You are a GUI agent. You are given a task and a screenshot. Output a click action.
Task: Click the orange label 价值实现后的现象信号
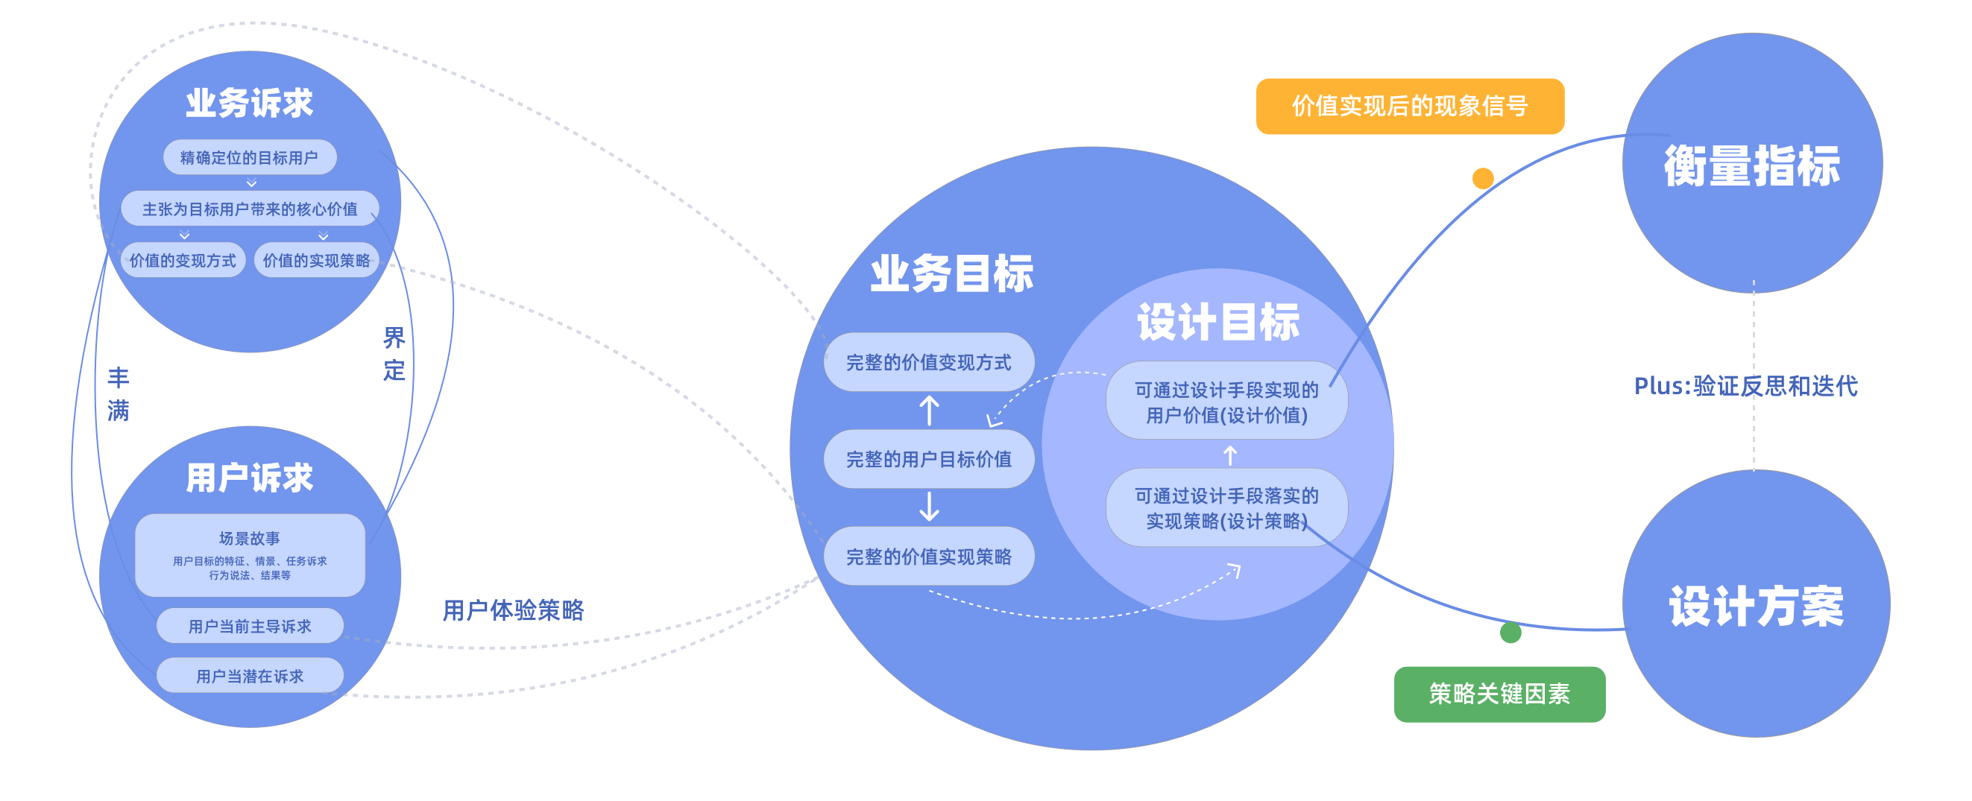pos(1409,107)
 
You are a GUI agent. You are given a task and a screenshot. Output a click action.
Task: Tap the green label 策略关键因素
pos(1499,694)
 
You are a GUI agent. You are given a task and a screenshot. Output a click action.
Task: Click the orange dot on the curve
pos(1483,178)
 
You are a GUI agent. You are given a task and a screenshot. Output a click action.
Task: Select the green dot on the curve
pos(1510,633)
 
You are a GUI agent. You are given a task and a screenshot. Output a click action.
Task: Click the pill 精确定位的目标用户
pos(250,158)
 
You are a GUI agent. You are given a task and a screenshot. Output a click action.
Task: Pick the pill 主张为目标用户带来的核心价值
pos(250,209)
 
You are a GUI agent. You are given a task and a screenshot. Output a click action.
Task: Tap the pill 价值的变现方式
pos(183,260)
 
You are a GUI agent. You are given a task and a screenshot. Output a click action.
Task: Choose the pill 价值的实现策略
pos(316,260)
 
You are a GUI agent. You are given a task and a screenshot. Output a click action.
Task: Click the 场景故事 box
pos(250,554)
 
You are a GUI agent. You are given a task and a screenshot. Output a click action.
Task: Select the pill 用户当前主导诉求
pos(250,627)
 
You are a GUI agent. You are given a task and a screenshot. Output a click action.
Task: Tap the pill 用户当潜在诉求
pos(250,676)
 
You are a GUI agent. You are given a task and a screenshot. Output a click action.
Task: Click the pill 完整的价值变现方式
pos(928,362)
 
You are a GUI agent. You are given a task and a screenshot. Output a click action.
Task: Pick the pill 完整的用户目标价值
pos(928,459)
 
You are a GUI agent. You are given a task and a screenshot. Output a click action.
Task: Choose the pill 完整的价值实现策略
pos(928,556)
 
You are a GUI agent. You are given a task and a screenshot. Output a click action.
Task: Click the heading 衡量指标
pos(1751,165)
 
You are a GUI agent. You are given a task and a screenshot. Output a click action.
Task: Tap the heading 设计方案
pos(1756,606)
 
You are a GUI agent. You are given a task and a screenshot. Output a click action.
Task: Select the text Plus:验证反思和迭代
pos(1745,385)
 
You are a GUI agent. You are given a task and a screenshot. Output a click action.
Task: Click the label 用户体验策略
pos(513,610)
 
